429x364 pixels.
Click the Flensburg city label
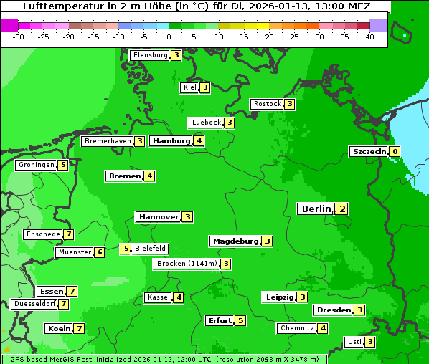click(x=150, y=55)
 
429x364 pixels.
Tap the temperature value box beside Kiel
click(x=204, y=87)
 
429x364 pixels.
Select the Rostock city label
click(x=267, y=104)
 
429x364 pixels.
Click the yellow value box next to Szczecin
click(x=395, y=152)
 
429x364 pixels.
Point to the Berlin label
click(x=316, y=209)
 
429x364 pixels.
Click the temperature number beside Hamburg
click(x=199, y=141)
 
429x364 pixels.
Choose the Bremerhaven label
click(x=108, y=141)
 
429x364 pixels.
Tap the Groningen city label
click(x=37, y=165)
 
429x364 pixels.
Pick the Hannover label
click(x=159, y=216)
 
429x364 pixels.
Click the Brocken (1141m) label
click(x=186, y=264)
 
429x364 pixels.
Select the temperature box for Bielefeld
click(x=126, y=249)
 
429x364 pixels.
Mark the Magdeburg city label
click(x=235, y=241)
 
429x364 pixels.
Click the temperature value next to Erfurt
click(x=240, y=321)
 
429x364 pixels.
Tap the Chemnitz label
click(x=297, y=328)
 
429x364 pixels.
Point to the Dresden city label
click(x=334, y=310)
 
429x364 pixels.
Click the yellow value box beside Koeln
click(x=79, y=329)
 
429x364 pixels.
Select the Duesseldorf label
click(x=34, y=304)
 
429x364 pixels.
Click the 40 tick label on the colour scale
click(x=369, y=37)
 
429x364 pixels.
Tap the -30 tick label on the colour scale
click(x=19, y=37)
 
